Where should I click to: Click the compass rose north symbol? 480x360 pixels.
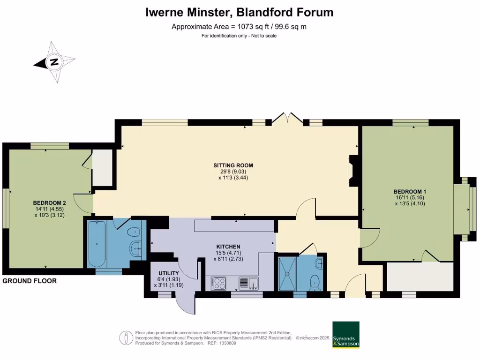pos(54,62)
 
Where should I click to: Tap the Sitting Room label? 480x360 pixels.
pos(233,165)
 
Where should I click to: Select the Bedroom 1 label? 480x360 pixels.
pos(409,191)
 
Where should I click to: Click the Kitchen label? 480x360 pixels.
pos(228,247)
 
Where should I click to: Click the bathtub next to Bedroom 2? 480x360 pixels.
pos(97,244)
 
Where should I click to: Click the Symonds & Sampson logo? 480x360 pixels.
pos(345,335)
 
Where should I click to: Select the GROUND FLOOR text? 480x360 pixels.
pos(30,281)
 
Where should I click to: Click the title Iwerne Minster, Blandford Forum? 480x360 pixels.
pos(240,13)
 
